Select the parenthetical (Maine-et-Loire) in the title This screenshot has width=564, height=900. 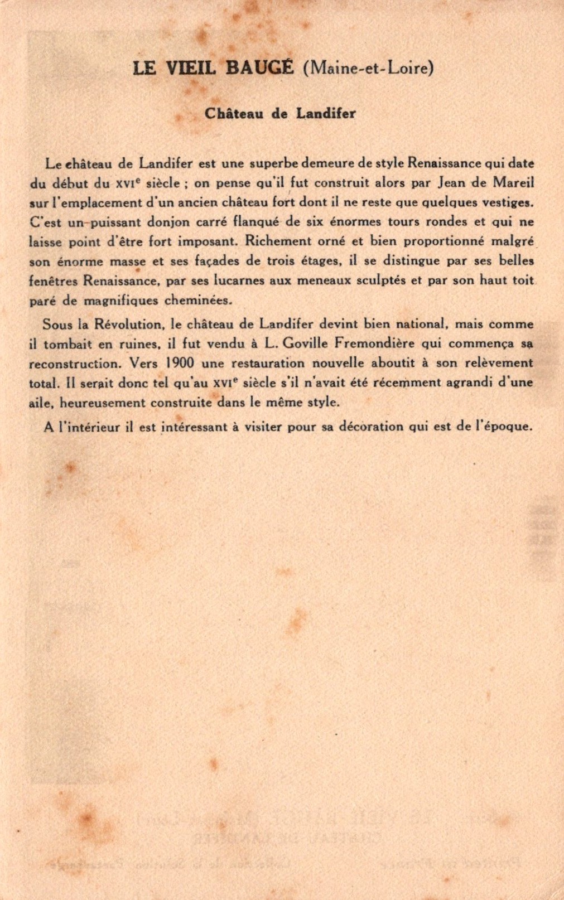point(368,68)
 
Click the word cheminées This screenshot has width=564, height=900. point(198,300)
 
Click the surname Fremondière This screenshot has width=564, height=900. point(374,343)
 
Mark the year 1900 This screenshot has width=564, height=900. point(180,362)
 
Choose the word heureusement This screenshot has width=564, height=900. point(95,402)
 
